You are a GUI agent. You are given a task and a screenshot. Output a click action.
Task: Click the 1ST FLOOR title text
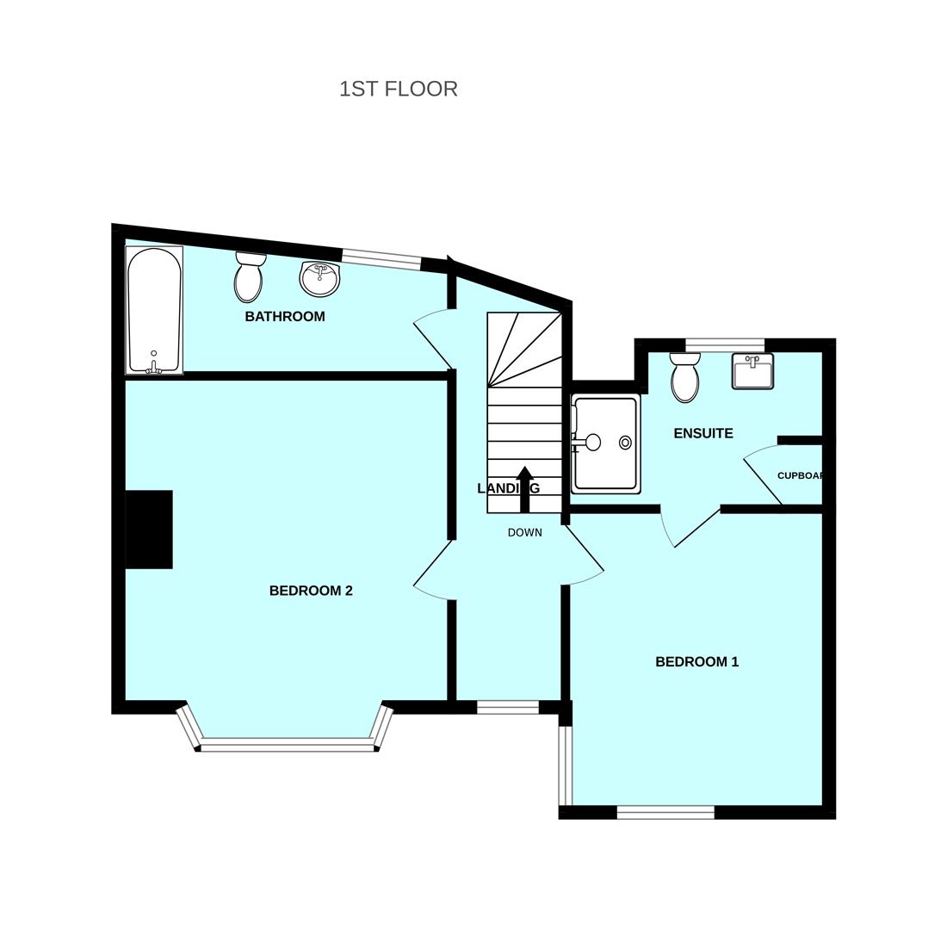[398, 89]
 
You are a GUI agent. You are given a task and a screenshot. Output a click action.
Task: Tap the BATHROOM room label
[285, 317]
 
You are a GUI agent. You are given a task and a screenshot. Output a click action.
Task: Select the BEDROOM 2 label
[311, 591]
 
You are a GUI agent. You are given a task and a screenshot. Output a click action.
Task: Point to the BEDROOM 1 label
[696, 662]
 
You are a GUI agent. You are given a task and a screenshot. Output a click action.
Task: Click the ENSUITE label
[703, 434]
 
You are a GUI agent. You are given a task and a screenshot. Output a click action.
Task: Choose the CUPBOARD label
[800, 475]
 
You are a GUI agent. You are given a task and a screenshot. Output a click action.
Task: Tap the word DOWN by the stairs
[524, 533]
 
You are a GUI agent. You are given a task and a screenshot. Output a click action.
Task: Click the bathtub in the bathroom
[154, 310]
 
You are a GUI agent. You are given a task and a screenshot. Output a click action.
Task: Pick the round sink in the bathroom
[319, 278]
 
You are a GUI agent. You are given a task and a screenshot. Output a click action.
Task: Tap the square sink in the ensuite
[752, 371]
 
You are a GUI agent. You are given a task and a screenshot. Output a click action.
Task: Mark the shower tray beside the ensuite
[606, 443]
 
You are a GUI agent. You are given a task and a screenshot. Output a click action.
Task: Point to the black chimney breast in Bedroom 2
[149, 530]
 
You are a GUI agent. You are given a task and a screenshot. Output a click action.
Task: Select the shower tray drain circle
[625, 443]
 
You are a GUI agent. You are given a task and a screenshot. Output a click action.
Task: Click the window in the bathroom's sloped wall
[381, 258]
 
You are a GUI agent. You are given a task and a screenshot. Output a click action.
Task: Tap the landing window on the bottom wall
[508, 708]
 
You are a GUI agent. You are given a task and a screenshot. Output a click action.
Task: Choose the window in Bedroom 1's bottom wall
[665, 812]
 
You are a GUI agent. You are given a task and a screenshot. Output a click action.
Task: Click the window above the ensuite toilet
[725, 345]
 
